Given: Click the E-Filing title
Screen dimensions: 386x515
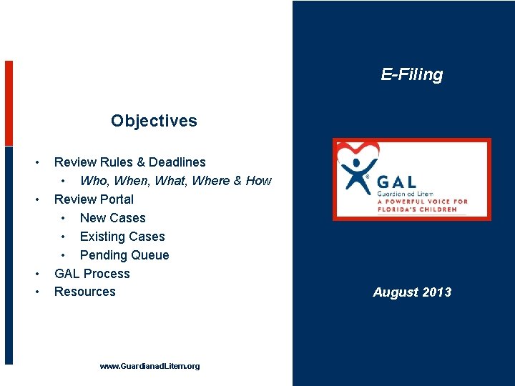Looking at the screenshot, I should coord(411,74).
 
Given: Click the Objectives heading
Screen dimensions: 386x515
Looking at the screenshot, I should coord(154,121).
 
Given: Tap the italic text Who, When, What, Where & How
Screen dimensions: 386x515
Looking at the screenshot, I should coord(175,181).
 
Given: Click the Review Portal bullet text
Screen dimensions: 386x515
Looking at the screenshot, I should coord(94,199).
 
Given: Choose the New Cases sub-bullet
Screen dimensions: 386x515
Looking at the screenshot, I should coord(112,218).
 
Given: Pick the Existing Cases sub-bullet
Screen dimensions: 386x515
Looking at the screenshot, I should coord(122,237).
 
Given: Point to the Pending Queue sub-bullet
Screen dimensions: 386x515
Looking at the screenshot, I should coord(124,255).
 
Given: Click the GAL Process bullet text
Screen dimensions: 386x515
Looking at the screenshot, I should coord(92,274).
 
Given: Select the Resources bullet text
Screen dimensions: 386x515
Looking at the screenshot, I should coord(84,292).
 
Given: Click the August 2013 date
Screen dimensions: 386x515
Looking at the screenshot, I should coord(412,292).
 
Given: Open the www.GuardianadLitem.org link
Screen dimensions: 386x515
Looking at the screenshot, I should coord(149,366).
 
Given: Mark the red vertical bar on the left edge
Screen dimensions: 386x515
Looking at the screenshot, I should coord(9,103).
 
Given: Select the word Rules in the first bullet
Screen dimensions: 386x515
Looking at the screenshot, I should coord(117,162).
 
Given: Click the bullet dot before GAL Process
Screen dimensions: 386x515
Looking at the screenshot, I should coord(36,274).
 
